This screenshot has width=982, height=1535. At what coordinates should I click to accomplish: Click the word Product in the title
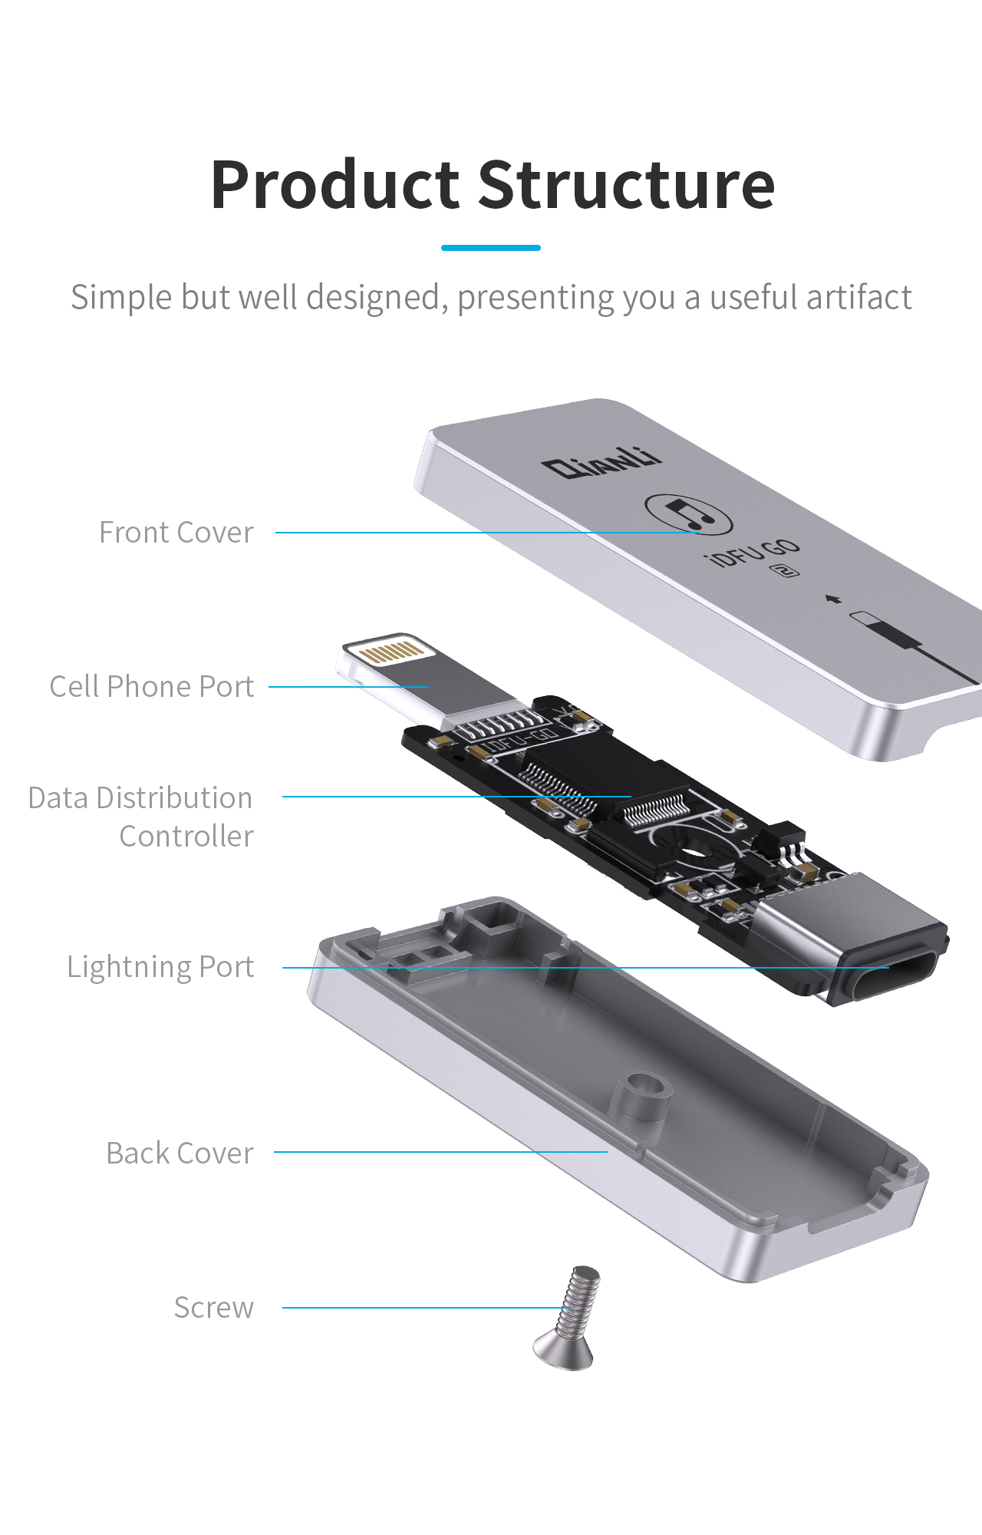click(335, 187)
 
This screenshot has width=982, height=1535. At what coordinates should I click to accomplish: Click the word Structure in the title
click(627, 187)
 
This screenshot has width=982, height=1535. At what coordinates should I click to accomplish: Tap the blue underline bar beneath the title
click(491, 248)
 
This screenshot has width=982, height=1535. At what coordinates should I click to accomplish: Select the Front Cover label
click(176, 533)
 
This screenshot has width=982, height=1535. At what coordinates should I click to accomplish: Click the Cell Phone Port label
click(152, 687)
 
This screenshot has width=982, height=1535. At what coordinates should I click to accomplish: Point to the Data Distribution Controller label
click(141, 817)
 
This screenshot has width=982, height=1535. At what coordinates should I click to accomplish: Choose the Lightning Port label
click(160, 967)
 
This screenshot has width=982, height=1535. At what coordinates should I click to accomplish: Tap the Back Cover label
click(180, 1154)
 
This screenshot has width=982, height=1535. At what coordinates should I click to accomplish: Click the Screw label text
click(214, 1308)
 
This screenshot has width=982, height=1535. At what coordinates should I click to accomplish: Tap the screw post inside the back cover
click(641, 1094)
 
